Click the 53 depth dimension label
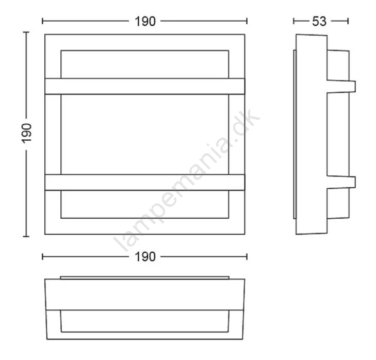319,21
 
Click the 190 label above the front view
145,21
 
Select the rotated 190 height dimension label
26,134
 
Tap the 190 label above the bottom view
145,257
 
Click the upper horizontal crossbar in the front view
145,86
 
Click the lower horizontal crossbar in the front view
145,183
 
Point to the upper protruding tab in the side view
341,87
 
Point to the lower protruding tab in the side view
341,182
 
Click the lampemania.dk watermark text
187,180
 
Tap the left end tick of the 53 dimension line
293,21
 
